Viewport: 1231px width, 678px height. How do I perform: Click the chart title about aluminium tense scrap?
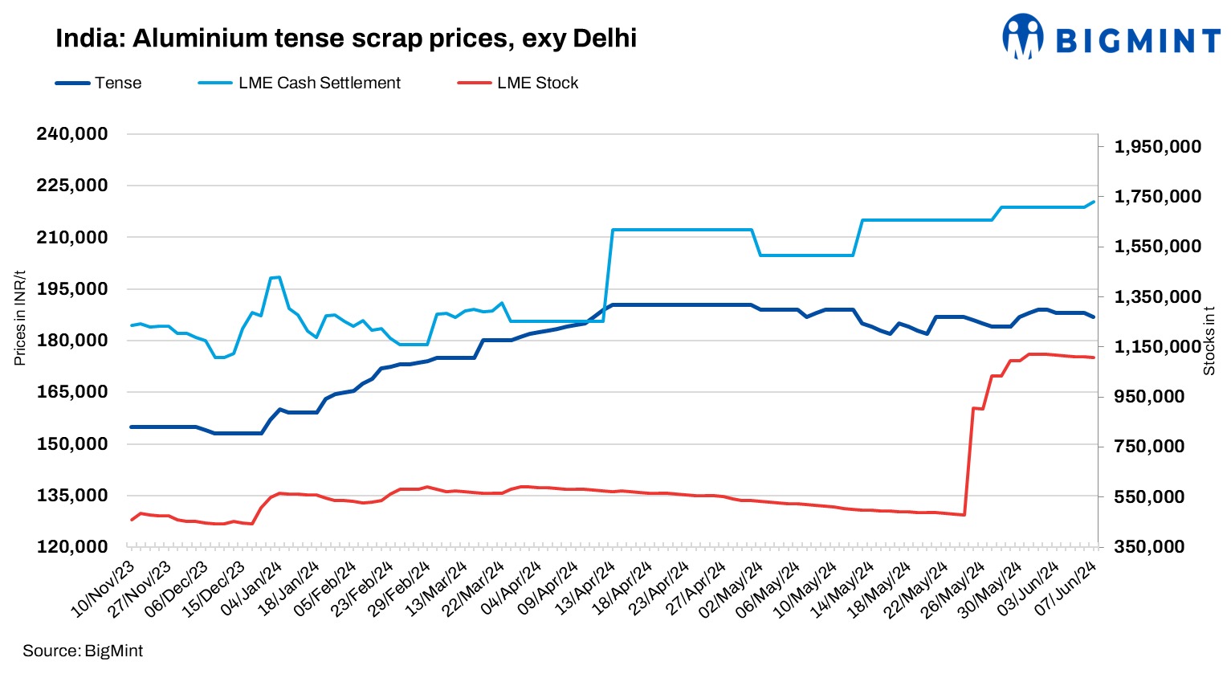(345, 38)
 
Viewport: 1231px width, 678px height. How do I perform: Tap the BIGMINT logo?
(1111, 37)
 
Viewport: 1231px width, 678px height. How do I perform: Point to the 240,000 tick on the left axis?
(72, 134)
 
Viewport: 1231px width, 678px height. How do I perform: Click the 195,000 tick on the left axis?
(72, 289)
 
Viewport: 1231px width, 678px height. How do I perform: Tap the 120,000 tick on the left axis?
(72, 547)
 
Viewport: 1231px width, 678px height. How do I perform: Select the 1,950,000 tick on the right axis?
(1157, 147)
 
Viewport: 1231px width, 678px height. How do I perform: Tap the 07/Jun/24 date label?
(1066, 590)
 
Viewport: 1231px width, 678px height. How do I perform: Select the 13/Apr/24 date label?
(586, 590)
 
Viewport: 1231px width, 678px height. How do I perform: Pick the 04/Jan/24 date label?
(252, 590)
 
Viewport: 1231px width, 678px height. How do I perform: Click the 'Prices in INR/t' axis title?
(20, 318)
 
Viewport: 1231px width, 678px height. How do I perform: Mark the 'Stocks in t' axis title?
(1209, 341)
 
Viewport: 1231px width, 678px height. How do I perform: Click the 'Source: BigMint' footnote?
(83, 651)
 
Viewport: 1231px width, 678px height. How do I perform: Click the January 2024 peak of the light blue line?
(278, 277)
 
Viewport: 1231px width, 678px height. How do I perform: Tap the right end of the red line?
(1093, 357)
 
